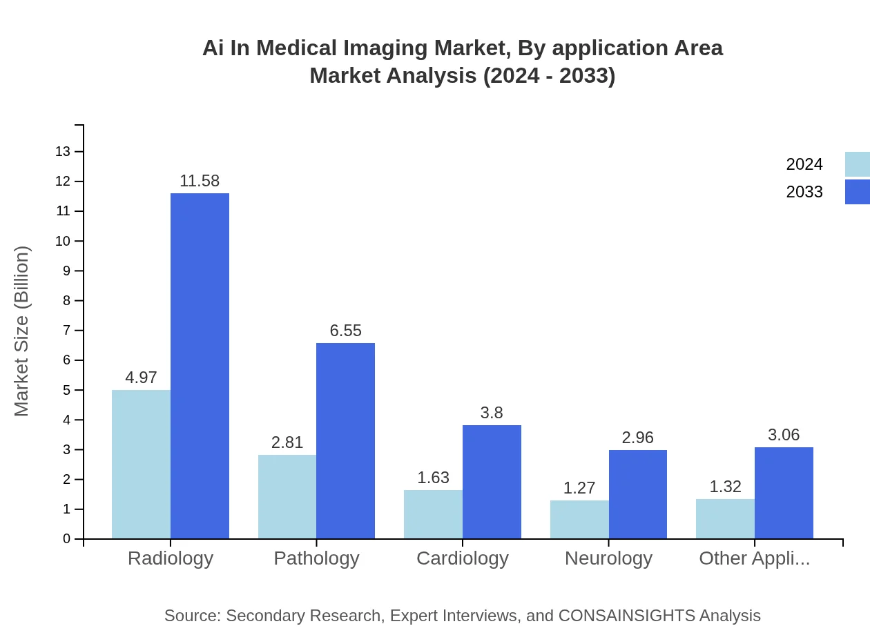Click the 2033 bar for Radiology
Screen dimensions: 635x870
pos(200,366)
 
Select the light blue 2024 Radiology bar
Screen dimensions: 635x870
pos(141,464)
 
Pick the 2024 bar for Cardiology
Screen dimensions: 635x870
pos(433,514)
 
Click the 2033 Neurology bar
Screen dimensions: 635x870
pos(638,494)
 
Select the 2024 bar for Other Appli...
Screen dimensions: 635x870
pos(725,518)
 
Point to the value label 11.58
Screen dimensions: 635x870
pos(200,182)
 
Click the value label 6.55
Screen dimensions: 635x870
pos(345,331)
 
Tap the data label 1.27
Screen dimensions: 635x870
pos(579,488)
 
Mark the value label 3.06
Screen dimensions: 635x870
pos(784,435)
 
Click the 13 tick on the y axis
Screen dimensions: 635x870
pos(64,151)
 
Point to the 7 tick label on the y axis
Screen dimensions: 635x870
pos(67,330)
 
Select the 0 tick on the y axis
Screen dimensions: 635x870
pos(67,538)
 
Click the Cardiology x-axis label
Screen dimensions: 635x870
pos(463,558)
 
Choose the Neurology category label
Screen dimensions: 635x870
pos(608,558)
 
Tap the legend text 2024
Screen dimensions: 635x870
pos(804,164)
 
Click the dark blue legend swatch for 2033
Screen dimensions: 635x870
pos(857,192)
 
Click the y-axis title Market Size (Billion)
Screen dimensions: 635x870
pos(22,331)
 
